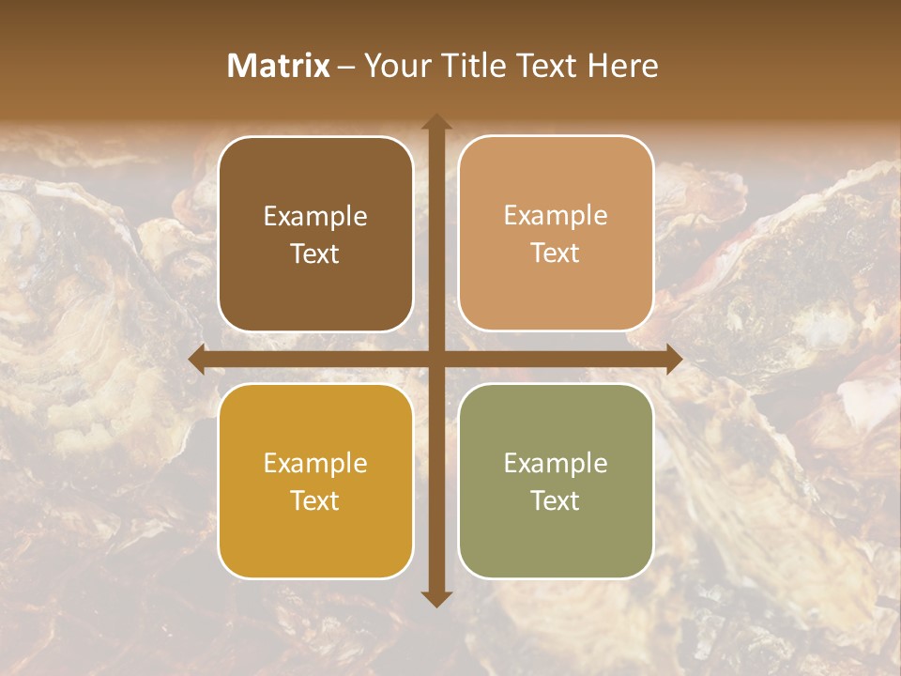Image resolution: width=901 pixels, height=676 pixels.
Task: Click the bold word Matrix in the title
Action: pos(279,66)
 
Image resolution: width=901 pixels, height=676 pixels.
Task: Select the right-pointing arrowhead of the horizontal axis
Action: pos(674,360)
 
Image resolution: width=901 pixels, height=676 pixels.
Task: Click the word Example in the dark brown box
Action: pos(315,217)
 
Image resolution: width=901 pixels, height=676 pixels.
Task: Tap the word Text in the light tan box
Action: pos(556,253)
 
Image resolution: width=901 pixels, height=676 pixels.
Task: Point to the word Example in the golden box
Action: pos(315,464)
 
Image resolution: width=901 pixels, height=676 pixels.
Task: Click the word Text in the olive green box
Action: pos(556,500)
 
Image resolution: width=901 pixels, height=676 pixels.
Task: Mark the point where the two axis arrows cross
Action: pos(436,360)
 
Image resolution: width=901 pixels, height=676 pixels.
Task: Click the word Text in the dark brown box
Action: pos(315,253)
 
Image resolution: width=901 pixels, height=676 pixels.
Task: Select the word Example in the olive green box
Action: pos(556,464)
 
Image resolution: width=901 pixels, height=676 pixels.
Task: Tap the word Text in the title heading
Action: pos(547,66)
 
